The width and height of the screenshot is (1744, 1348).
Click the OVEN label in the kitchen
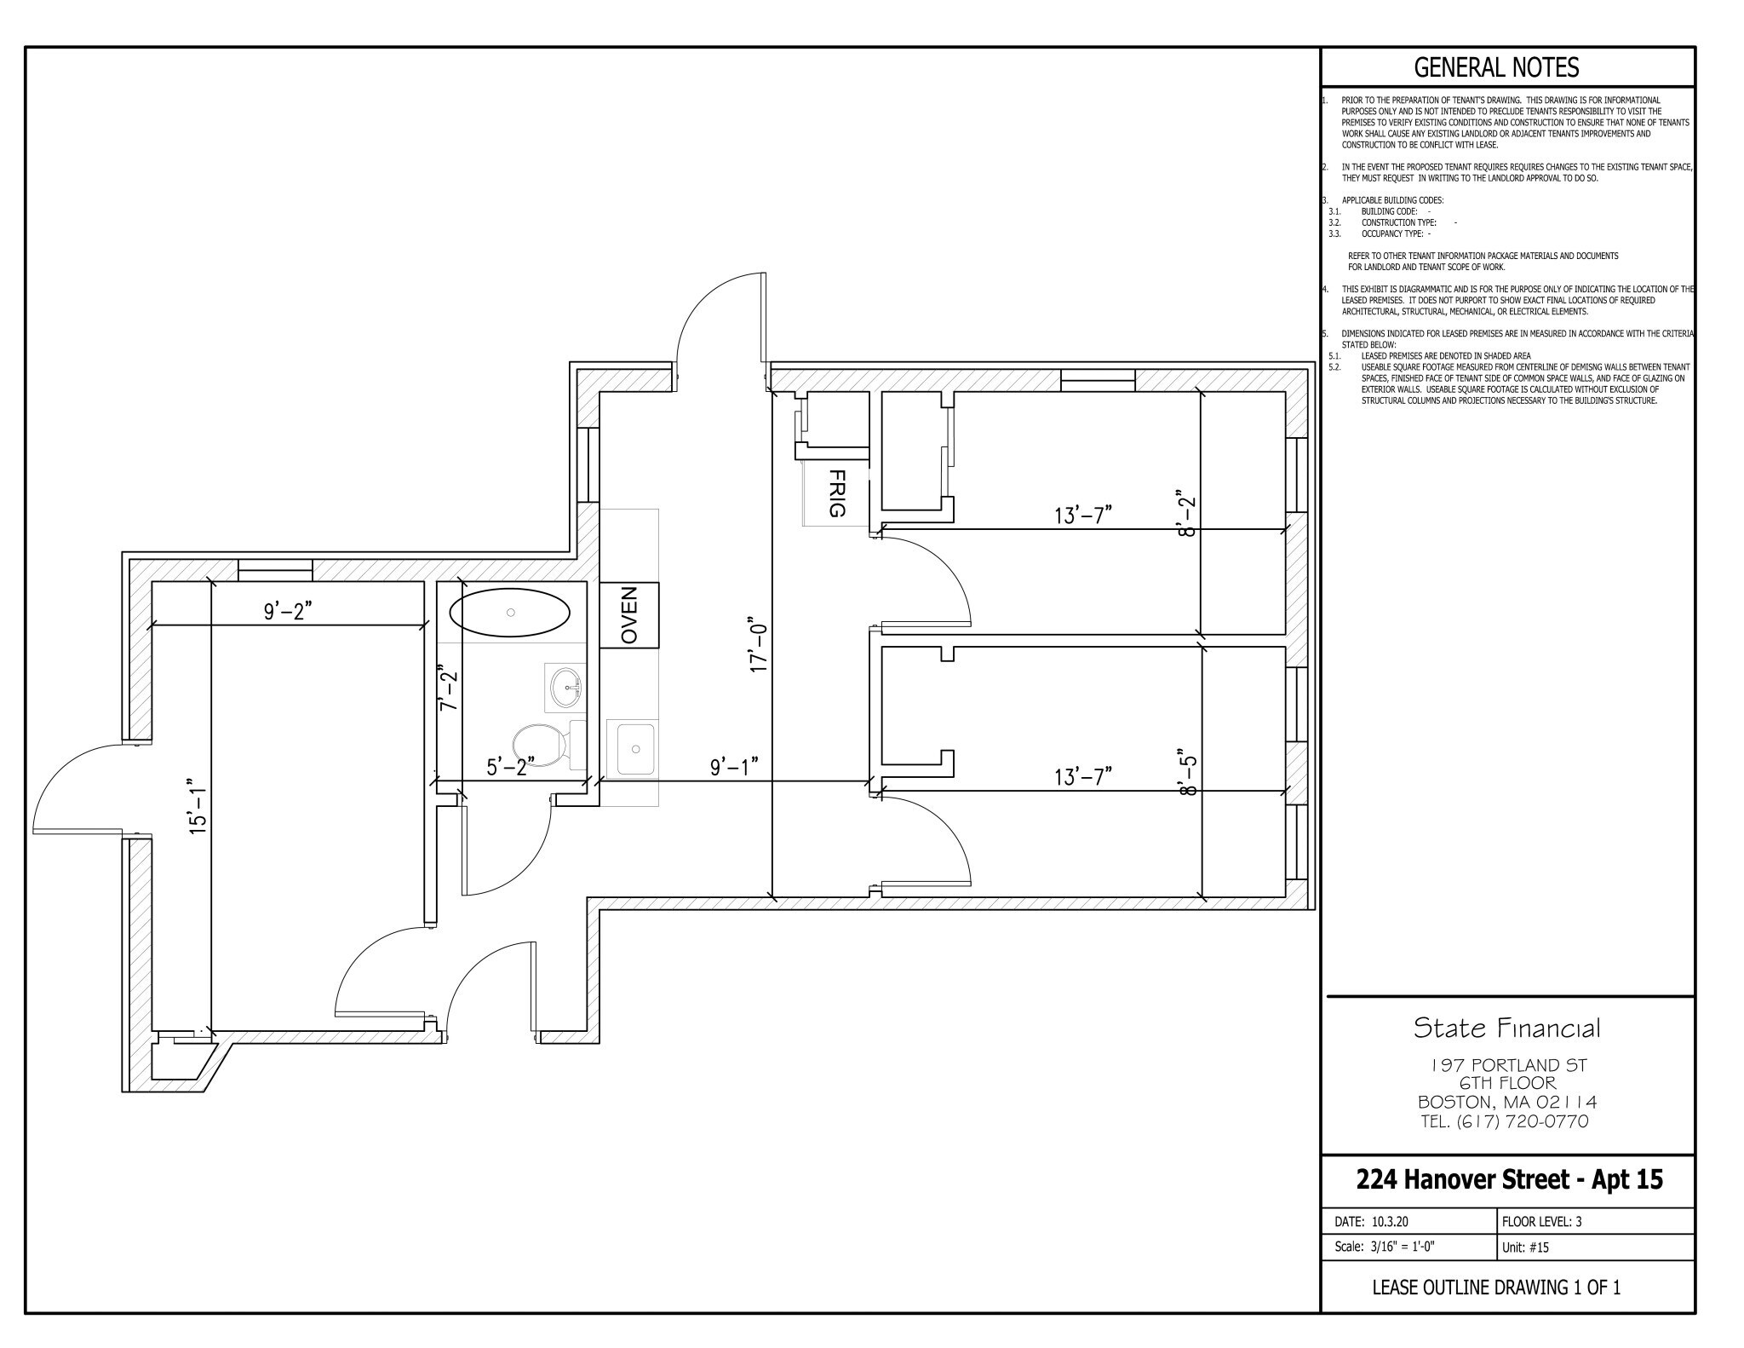pyautogui.click(x=629, y=614)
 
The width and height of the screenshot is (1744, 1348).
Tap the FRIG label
pyautogui.click(x=836, y=493)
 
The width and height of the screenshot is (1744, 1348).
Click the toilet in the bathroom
pyautogui.click(x=541, y=744)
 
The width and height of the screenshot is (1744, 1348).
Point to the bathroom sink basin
pyautogui.click(x=566, y=686)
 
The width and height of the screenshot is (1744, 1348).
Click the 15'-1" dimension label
pyautogui.click(x=198, y=805)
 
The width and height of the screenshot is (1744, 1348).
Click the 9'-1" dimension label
pyautogui.click(x=734, y=766)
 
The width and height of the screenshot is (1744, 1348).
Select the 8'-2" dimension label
pyautogui.click(x=1185, y=511)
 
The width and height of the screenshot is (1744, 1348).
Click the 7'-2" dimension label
pyautogui.click(x=448, y=689)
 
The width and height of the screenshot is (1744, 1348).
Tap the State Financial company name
pyautogui.click(x=1506, y=1028)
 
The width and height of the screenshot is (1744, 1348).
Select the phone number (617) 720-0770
pyautogui.click(x=1506, y=1121)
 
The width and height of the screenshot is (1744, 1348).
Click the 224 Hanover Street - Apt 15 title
pyautogui.click(x=1508, y=1180)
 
